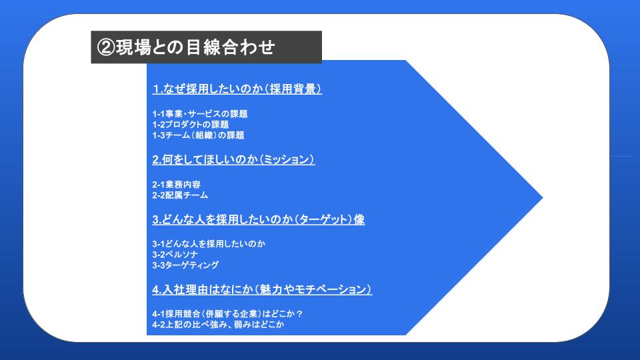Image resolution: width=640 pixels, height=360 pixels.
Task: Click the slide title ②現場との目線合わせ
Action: click(186, 47)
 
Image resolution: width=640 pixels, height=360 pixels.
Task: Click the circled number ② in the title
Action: click(106, 47)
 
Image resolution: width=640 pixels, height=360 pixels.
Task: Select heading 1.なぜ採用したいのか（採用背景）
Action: click(237, 89)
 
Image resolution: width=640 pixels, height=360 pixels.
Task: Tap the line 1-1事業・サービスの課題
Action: click(200, 114)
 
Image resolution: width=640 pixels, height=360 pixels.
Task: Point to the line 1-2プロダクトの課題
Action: click(191, 125)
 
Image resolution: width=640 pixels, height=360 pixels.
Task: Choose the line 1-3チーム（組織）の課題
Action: click(199, 135)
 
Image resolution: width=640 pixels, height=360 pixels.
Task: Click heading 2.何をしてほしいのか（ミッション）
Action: click(233, 159)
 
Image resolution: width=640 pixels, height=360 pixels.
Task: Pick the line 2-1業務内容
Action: click(176, 185)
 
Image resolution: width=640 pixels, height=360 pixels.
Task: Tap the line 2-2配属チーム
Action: click(180, 195)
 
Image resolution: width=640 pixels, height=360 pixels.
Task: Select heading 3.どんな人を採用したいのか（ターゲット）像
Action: click(259, 219)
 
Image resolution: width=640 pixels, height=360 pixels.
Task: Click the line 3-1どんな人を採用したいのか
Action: click(209, 244)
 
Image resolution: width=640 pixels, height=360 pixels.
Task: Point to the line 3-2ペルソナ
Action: click(175, 254)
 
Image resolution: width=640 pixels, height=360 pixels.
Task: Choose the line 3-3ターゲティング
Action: click(185, 265)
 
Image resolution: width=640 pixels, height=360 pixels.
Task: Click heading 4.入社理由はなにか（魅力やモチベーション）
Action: click(262, 289)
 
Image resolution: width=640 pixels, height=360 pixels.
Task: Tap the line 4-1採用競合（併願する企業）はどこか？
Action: click(228, 314)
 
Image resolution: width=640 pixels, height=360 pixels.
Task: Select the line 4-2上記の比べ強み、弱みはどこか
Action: click(218, 325)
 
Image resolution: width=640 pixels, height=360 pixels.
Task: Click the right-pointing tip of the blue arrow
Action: click(543, 197)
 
